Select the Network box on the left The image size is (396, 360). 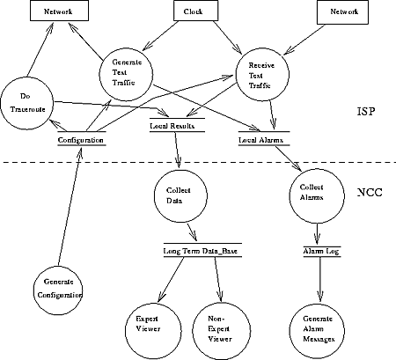(59, 11)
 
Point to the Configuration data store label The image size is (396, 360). (82, 140)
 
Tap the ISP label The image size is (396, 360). (366, 112)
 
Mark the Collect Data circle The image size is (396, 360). (180, 195)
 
